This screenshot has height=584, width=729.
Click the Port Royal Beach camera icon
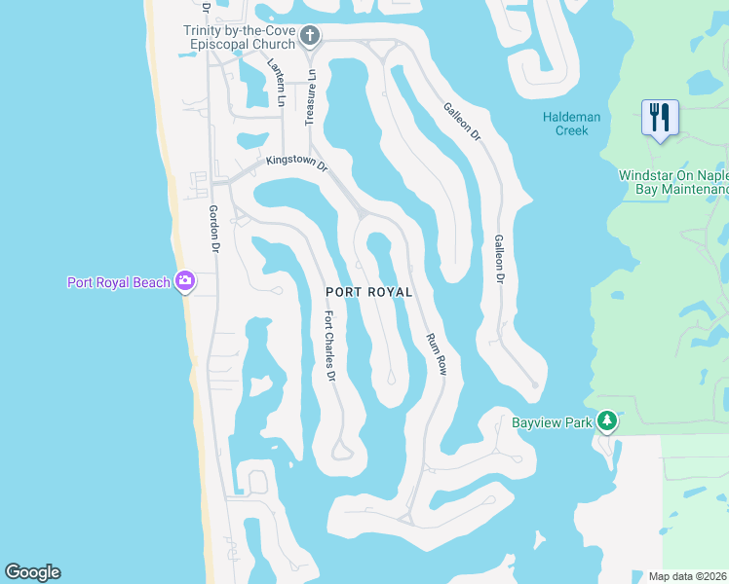click(x=184, y=282)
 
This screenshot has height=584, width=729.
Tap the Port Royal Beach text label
click(x=118, y=283)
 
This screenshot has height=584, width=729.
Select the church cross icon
click(x=310, y=37)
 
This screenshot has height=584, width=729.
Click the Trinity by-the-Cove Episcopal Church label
click(x=240, y=37)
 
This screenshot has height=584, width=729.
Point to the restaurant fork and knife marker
click(x=660, y=119)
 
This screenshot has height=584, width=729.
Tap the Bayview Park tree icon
click(x=607, y=420)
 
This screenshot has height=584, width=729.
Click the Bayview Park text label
click(x=553, y=422)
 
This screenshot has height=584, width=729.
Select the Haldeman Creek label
click(x=571, y=124)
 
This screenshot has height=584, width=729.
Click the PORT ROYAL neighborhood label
click(x=368, y=292)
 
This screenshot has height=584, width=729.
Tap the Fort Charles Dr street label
click(x=330, y=346)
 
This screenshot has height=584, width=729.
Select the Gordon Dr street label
click(x=214, y=230)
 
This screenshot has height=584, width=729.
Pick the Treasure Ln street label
click(x=310, y=96)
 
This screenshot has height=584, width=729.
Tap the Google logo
click(x=32, y=572)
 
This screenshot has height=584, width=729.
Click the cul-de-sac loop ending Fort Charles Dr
click(x=340, y=451)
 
